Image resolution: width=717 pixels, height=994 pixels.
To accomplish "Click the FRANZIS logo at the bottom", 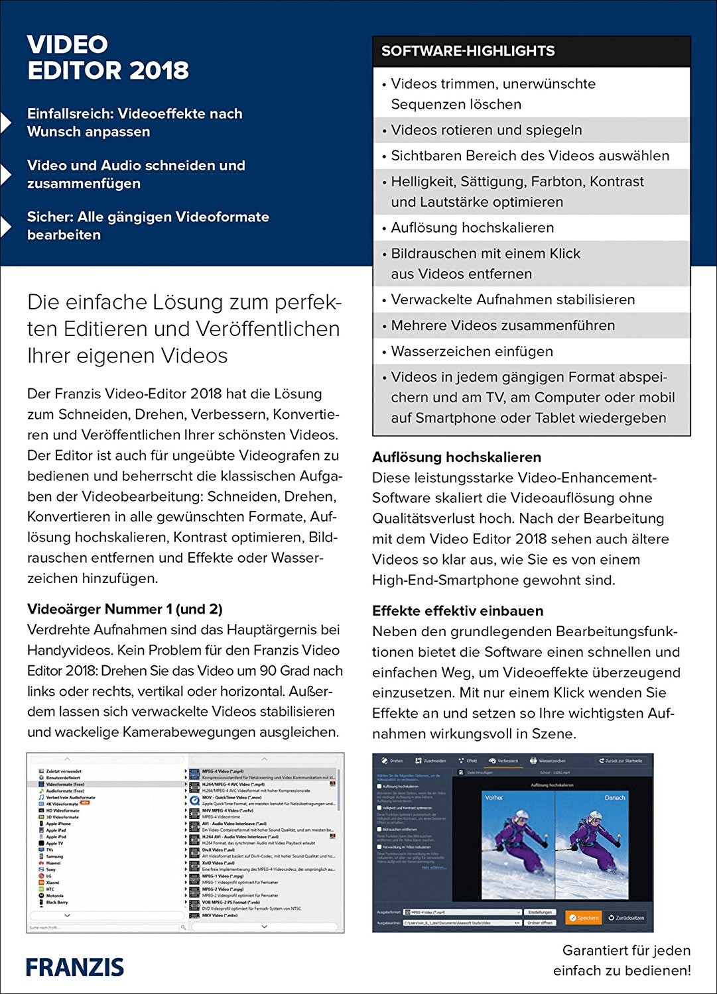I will coord(75,966).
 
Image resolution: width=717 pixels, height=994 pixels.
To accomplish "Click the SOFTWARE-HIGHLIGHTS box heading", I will coord(468,51).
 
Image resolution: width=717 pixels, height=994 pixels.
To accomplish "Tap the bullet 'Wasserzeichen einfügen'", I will coord(472,351).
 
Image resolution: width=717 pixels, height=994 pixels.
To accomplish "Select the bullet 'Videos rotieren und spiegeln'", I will coord(486,130).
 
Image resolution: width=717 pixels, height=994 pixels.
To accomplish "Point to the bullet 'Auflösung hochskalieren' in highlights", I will coord(472,227).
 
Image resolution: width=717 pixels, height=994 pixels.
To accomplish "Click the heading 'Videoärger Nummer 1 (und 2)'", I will coord(125,609).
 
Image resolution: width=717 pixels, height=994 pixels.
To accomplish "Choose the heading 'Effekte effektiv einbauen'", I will coord(458,610).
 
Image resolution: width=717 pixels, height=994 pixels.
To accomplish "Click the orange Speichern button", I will coord(584,917).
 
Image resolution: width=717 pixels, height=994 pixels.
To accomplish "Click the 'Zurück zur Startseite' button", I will coord(619,761).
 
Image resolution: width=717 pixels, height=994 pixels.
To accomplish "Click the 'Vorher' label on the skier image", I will coord(494,797).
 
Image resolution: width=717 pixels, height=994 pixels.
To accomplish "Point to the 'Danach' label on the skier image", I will coord(614,797).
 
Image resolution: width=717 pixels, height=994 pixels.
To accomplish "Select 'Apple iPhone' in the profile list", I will coord(58,824).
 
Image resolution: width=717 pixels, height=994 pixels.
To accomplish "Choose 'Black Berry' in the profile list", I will coord(56,902).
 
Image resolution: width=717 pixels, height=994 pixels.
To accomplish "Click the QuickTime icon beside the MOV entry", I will coord(194,800).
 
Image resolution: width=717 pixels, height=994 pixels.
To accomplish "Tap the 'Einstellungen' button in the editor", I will coord(541,912).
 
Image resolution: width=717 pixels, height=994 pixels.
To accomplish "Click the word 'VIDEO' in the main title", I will coord(68,44).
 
